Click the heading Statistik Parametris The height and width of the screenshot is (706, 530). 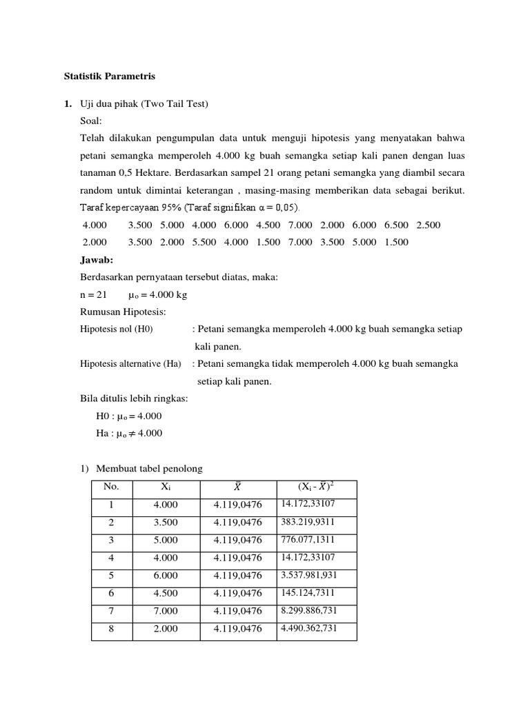point(110,77)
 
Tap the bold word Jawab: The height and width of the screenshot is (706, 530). point(97,260)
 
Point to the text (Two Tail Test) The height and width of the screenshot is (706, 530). point(175,103)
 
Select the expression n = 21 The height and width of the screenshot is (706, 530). point(93,294)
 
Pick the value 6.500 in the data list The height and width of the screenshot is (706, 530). point(396,225)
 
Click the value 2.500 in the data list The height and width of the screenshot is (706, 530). point(428,225)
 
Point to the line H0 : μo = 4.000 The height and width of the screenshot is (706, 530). point(129,416)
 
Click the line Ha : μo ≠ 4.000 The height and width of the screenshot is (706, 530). point(129,433)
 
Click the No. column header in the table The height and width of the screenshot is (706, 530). point(111,487)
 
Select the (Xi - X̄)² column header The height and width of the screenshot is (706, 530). point(316,487)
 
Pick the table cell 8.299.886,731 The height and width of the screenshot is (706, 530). point(309,610)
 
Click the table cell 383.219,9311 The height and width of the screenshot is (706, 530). point(308,522)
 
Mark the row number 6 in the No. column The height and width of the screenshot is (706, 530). point(111,593)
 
